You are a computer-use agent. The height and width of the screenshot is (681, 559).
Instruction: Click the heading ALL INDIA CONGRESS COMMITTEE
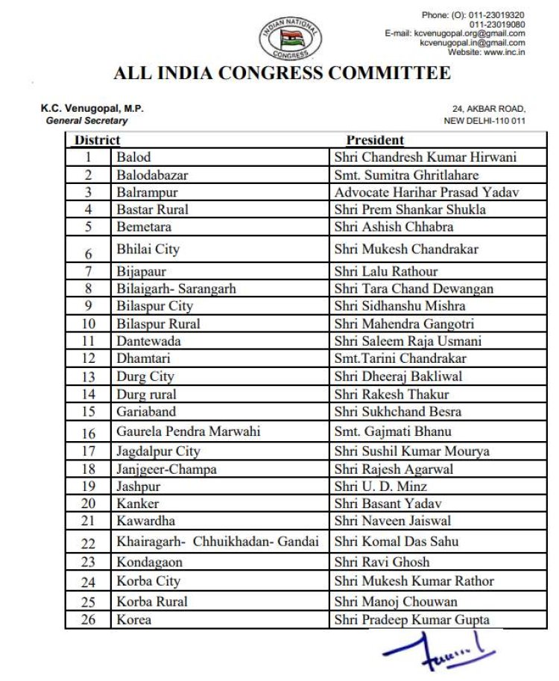pyautogui.click(x=282, y=73)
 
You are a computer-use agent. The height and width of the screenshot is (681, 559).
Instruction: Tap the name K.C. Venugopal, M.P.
pyautogui.click(x=92, y=109)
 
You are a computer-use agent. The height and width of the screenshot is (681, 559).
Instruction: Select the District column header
pyautogui.click(x=97, y=140)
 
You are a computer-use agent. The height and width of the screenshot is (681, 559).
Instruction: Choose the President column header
pyautogui.click(x=375, y=140)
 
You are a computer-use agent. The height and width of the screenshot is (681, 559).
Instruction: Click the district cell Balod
pyautogui.click(x=133, y=157)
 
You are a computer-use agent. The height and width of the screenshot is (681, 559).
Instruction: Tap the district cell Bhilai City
pyautogui.click(x=148, y=249)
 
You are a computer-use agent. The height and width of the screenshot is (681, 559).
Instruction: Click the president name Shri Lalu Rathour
pyautogui.click(x=386, y=271)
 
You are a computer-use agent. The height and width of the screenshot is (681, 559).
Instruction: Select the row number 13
pyautogui.click(x=88, y=377)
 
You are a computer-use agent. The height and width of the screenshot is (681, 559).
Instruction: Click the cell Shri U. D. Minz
pyautogui.click(x=381, y=487)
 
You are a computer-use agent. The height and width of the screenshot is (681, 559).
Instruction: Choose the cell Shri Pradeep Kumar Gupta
pyautogui.click(x=412, y=620)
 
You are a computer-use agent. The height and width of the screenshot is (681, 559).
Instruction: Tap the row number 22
pyautogui.click(x=88, y=543)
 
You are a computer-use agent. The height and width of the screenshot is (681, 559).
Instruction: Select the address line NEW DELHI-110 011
pyautogui.click(x=484, y=121)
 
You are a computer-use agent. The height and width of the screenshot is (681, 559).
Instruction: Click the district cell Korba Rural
pyautogui.click(x=151, y=601)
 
